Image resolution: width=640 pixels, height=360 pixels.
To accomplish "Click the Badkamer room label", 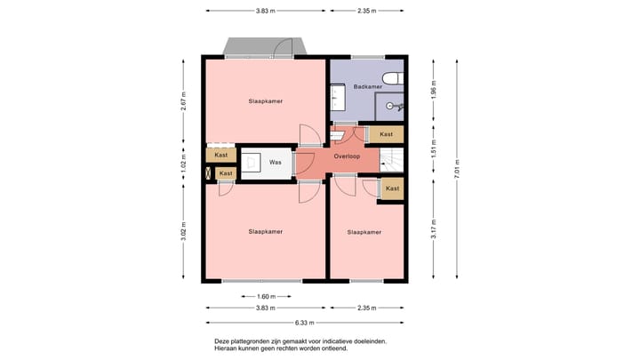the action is [x=368, y=86].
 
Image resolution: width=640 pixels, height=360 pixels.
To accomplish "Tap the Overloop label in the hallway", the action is [x=347, y=156].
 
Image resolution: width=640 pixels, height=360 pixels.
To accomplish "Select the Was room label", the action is [x=276, y=162].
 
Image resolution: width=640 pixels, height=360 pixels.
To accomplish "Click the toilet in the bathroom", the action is [x=393, y=78].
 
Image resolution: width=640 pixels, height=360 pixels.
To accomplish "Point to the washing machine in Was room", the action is [x=252, y=163].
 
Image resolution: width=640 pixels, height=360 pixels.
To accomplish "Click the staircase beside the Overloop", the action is [x=391, y=160].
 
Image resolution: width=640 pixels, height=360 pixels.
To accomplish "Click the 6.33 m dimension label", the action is [x=305, y=323].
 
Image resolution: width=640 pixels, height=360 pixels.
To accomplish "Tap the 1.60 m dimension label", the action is [x=266, y=297].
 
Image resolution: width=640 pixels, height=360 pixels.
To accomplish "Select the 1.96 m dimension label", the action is [x=434, y=90].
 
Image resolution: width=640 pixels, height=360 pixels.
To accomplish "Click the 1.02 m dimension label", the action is [x=183, y=163].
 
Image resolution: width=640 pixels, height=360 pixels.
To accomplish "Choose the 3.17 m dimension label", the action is [x=434, y=229].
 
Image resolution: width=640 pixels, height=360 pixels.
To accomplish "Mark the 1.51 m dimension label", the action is [x=434, y=149].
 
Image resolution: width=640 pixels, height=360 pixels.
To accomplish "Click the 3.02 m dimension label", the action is [x=183, y=231].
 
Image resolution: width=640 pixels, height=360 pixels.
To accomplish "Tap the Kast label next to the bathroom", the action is [x=386, y=134].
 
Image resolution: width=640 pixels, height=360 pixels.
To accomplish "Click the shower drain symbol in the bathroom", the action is [x=389, y=106].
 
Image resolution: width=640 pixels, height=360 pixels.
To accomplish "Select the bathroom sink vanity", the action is [x=338, y=97].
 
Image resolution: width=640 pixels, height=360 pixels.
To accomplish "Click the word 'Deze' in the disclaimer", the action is [x=221, y=341].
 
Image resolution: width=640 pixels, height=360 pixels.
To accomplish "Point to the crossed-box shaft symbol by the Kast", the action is [x=208, y=173].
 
